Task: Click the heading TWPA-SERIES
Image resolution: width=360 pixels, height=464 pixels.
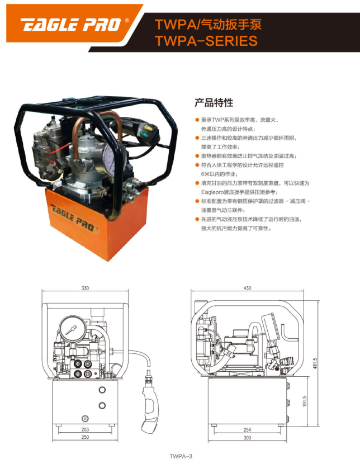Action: click(206, 41)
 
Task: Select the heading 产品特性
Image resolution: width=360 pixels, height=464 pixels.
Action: click(214, 102)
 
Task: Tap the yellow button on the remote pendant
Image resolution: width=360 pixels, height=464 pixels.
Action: click(148, 128)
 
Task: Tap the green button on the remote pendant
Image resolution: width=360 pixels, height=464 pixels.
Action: click(144, 135)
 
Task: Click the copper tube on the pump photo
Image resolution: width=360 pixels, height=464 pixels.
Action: click(98, 130)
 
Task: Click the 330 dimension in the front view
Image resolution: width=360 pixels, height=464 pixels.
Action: click(85, 288)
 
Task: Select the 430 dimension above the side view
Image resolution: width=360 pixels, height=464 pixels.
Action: click(247, 288)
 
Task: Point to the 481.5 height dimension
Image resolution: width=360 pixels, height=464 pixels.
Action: click(315, 363)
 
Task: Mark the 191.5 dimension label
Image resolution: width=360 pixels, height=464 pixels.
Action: click(305, 401)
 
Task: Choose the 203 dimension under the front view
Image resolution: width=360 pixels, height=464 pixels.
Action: click(85, 429)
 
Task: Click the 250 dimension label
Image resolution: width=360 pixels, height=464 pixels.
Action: click(85, 437)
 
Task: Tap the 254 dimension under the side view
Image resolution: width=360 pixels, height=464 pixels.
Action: click(247, 429)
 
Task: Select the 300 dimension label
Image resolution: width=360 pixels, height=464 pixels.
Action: click(247, 437)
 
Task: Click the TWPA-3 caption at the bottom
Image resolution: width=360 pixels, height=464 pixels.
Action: click(181, 456)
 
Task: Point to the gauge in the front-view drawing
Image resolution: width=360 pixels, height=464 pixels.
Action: click(73, 329)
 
